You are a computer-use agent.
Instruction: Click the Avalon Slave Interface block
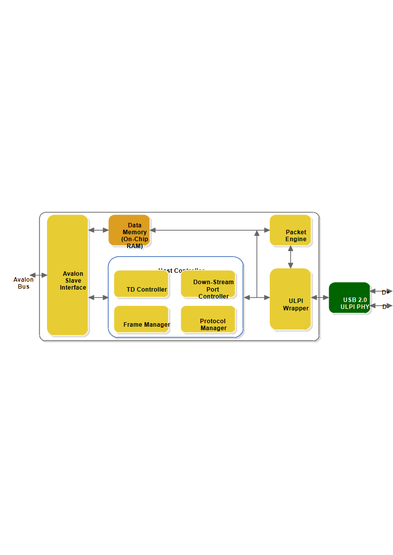(x=68, y=275)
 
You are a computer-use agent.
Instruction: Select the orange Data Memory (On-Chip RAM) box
(x=129, y=230)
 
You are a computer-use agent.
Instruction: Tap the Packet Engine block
(x=291, y=230)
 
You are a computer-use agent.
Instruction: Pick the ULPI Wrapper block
(x=291, y=299)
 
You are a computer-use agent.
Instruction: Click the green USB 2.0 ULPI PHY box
(x=349, y=298)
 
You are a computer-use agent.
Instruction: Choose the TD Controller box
(x=141, y=284)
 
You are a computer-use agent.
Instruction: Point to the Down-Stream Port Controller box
(x=208, y=284)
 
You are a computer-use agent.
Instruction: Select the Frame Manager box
(x=141, y=319)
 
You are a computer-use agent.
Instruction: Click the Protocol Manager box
(x=208, y=319)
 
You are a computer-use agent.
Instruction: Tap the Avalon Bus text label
(x=24, y=283)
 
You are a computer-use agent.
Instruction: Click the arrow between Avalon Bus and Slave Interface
(x=38, y=275)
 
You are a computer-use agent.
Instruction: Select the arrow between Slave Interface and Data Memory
(x=98, y=230)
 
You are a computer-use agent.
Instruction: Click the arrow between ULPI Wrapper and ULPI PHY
(x=320, y=298)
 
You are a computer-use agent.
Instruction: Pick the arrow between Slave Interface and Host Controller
(x=98, y=298)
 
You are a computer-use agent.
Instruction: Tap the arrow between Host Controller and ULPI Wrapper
(x=257, y=298)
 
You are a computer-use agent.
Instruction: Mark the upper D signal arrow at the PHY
(x=381, y=292)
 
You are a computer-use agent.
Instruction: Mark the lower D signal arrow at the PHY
(x=381, y=306)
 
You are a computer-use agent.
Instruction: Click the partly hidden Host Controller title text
(x=181, y=270)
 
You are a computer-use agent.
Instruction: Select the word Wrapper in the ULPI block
(x=296, y=308)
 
